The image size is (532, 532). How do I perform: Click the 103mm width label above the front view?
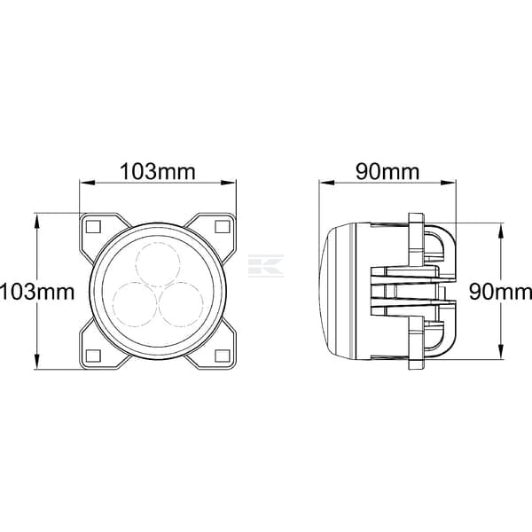pos(158,172)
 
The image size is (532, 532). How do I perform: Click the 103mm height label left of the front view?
pos(37,292)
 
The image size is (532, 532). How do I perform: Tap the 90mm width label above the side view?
pos(387,172)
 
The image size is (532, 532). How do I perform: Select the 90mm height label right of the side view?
pos(500,292)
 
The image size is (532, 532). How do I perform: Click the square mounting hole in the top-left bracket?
pos(93,226)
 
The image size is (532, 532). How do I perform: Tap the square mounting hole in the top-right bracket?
pos(223,226)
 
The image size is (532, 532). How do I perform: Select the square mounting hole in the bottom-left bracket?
pos(93,356)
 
